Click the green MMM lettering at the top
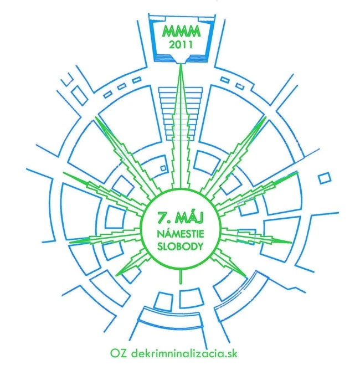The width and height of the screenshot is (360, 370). (181, 32)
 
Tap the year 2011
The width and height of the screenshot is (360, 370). (181, 44)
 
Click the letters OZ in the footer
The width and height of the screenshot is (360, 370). (119, 353)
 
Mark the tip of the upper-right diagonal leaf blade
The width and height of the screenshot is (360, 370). (265, 117)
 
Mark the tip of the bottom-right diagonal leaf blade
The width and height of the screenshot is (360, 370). (244, 275)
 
